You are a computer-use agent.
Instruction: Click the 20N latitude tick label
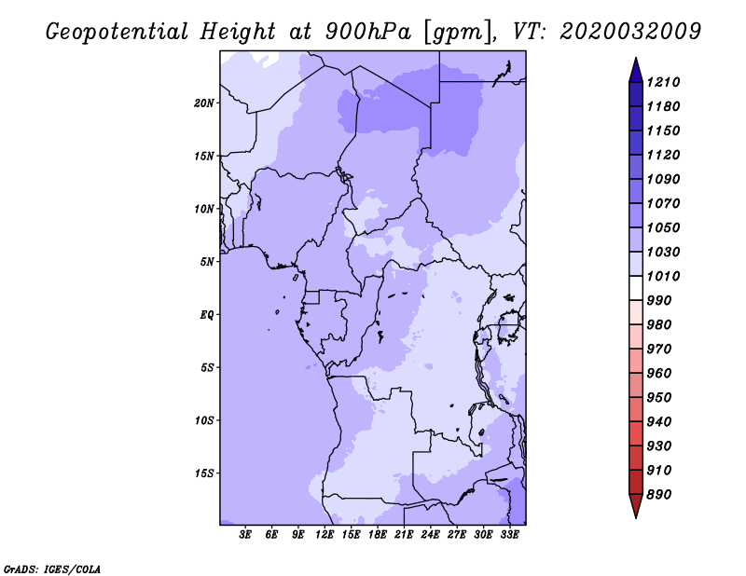point(204,103)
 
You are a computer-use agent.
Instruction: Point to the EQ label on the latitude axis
point(207,314)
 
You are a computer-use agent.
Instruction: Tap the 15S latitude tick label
point(204,473)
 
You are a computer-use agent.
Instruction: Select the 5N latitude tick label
point(207,262)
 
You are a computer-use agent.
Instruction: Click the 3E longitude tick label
point(246,535)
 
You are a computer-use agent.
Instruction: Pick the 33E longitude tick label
point(509,535)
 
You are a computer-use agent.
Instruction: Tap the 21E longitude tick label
point(404,535)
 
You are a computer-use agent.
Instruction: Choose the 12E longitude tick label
point(325,535)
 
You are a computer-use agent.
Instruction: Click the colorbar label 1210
point(667,82)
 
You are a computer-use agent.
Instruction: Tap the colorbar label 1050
point(667,227)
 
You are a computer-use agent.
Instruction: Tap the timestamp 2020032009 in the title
point(630,31)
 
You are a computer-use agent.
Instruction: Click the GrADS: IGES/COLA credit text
point(52,568)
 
